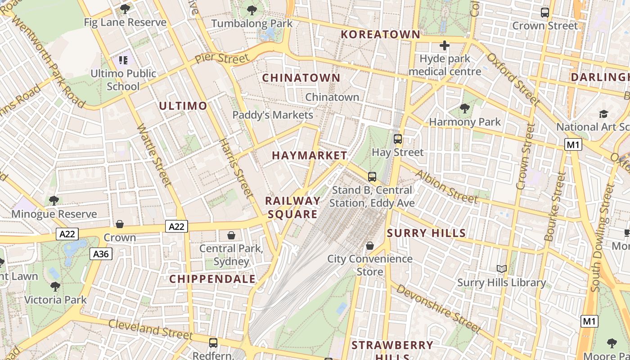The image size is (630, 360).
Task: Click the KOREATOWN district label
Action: click(x=380, y=34)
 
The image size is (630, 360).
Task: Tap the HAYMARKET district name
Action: click(x=310, y=155)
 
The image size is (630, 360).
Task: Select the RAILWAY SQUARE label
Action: click(x=293, y=207)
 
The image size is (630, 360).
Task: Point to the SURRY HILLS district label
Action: click(x=426, y=233)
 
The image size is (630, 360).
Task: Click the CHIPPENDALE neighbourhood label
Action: click(x=212, y=279)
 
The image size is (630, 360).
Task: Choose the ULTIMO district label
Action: click(x=183, y=106)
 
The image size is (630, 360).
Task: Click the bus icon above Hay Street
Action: click(x=398, y=139)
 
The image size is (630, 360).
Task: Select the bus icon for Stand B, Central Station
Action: click(x=372, y=176)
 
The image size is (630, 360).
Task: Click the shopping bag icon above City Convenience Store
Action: click(x=369, y=245)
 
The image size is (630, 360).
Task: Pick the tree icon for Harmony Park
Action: click(x=464, y=108)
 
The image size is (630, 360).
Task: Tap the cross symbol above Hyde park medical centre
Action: click(x=445, y=45)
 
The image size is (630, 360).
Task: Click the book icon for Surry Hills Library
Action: click(x=502, y=269)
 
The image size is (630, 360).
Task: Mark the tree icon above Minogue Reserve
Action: click(x=54, y=201)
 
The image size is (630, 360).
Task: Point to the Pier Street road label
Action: click(x=222, y=58)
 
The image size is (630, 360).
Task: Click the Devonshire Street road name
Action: click(x=438, y=310)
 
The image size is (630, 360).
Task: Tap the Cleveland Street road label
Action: click(x=150, y=329)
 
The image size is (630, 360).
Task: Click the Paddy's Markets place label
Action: click(x=273, y=115)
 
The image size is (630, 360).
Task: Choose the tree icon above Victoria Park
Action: click(x=55, y=286)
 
